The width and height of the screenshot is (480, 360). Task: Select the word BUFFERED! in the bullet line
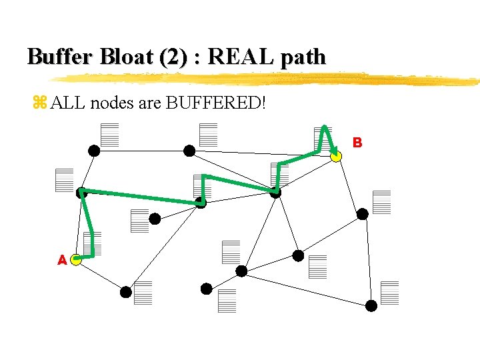(x=213, y=103)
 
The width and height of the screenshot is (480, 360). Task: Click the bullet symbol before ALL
(x=39, y=103)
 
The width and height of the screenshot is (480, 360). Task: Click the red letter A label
(x=62, y=260)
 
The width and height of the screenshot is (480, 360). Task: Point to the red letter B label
(x=357, y=142)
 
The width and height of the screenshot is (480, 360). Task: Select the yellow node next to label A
(x=76, y=259)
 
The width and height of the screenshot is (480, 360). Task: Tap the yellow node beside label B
(x=336, y=157)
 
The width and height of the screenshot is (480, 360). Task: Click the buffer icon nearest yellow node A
(x=92, y=243)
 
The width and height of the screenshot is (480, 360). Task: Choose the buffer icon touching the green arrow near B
(x=323, y=138)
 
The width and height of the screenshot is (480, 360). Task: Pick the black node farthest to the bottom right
(x=371, y=305)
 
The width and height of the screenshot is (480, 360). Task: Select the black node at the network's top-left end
(x=95, y=151)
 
